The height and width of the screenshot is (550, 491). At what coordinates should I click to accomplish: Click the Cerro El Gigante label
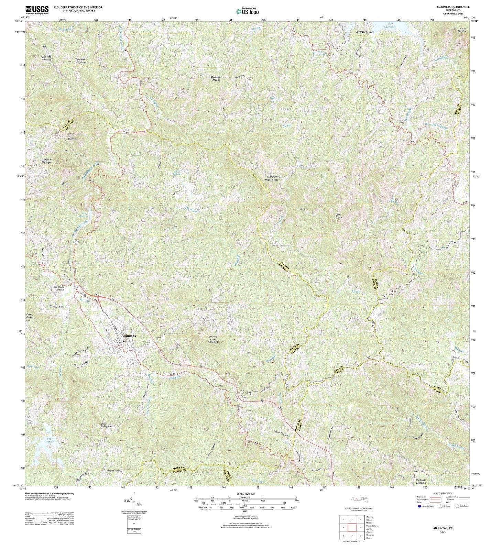point(103,425)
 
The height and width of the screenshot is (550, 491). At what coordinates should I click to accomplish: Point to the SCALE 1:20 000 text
point(245,494)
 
